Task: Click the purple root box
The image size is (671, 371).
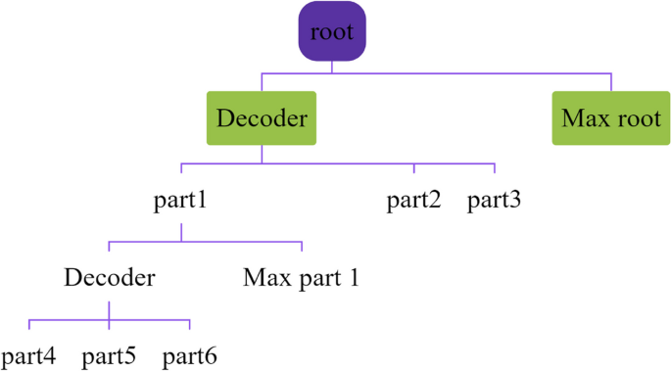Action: click(331, 31)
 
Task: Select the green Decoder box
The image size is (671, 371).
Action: click(262, 118)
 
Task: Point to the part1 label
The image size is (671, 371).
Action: click(181, 202)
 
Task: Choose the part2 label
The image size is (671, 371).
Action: click(413, 202)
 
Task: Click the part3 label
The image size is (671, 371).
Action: click(494, 202)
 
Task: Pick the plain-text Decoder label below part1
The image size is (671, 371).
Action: click(109, 278)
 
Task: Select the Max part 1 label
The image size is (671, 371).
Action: click(301, 278)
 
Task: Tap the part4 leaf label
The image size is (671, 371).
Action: click(28, 355)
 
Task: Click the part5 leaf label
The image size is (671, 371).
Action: click(109, 355)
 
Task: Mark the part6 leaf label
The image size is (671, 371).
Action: click(189, 355)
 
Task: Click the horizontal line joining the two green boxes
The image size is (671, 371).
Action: click(441, 72)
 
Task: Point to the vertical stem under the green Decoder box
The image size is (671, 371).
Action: click(262, 155)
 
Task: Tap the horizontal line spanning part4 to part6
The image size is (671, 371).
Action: click(69, 320)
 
